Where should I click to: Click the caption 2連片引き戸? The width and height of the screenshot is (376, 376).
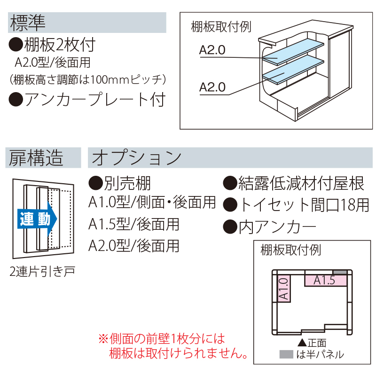[42, 271]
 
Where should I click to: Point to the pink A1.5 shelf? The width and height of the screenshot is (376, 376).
[325, 281]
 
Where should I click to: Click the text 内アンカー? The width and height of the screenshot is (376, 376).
[277, 227]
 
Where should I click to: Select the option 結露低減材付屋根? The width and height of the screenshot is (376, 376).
[301, 183]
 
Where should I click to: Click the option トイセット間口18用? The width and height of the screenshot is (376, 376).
[303, 205]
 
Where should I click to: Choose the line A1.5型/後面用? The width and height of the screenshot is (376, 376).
[134, 224]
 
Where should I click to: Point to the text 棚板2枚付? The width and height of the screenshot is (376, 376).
[59, 45]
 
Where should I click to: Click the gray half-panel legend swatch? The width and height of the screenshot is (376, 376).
[286, 354]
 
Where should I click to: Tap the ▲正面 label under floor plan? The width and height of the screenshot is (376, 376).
[312, 343]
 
